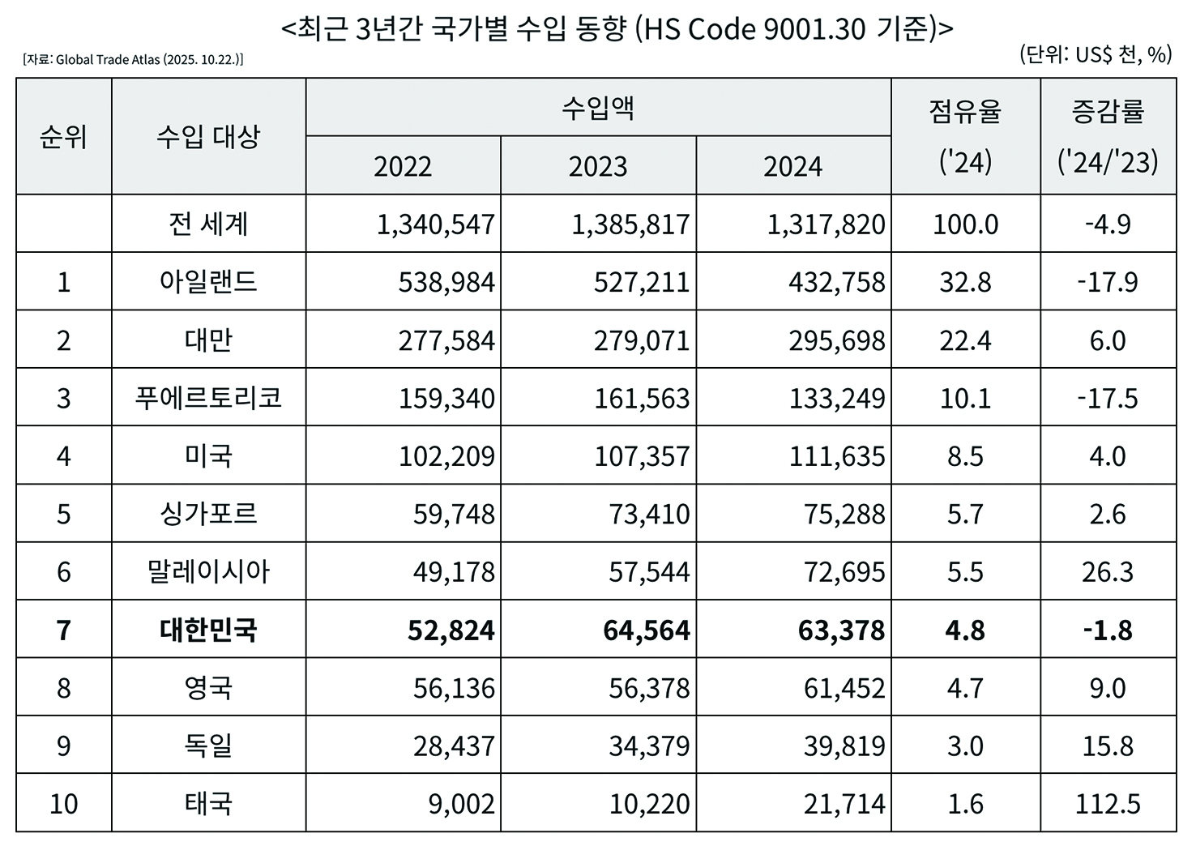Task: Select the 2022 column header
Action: coord(403,166)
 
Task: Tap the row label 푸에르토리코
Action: coord(208,398)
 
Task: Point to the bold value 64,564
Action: coord(646,630)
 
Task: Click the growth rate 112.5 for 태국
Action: coord(1107,804)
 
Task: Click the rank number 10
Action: coord(63,804)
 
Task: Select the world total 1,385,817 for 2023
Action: coord(630,224)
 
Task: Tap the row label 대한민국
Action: coord(208,630)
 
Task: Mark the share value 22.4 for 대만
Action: coord(965,340)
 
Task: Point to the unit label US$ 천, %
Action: coord(1096,54)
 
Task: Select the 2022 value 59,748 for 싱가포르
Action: coord(453,515)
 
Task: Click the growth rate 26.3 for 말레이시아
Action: coord(1107,572)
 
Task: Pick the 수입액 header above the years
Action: coord(598,108)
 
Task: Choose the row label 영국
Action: coord(208,688)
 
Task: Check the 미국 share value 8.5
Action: coord(965,456)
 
